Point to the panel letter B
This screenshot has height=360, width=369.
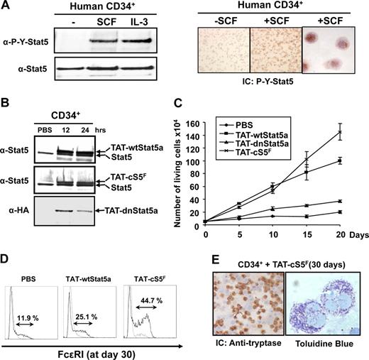9,114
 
